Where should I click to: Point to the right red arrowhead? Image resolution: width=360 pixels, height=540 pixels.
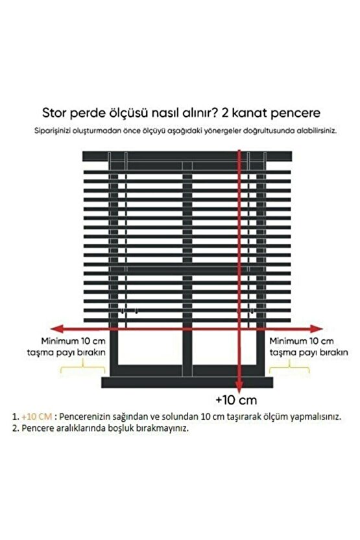319,328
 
